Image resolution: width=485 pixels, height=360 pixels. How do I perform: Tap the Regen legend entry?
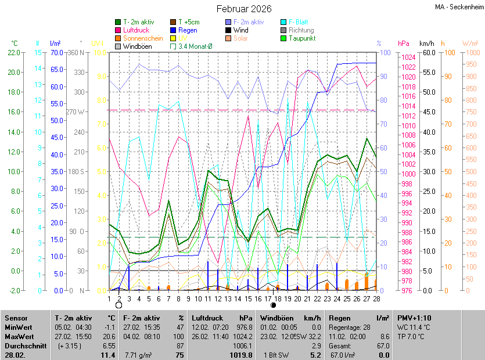pos(187,30)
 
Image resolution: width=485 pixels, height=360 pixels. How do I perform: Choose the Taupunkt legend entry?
pos(302,38)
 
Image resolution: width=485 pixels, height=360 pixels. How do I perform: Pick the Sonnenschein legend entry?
pos(143,38)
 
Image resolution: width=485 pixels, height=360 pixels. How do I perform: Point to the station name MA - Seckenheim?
pos(458,8)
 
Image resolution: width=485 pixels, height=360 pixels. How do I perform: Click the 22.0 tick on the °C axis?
pos(12,53)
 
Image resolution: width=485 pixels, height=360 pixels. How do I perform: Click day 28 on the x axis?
pos(376,298)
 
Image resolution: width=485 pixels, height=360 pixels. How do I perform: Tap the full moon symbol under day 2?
pos(118,305)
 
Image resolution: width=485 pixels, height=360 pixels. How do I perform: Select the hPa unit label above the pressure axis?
pos(403,44)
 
